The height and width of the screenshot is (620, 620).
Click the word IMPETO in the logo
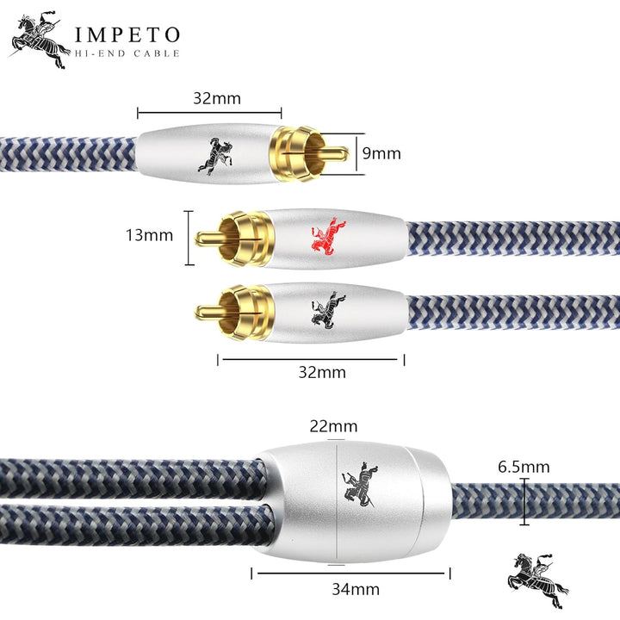click(127, 34)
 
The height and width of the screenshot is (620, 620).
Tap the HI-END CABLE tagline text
click(127, 53)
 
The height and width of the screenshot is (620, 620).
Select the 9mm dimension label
click(381, 153)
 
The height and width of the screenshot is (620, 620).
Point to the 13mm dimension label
click(150, 235)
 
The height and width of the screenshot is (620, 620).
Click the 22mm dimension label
click(333, 426)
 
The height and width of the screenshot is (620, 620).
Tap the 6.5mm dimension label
click(524, 467)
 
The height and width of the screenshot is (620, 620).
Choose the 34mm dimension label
click(356, 590)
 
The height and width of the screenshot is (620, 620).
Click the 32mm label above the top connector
click(217, 98)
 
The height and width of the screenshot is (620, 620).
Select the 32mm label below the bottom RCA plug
click(322, 373)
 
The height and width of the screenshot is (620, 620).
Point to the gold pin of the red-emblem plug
click(210, 238)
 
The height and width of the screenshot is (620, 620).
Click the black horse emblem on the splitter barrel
click(360, 485)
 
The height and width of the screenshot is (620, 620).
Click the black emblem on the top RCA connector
click(215, 157)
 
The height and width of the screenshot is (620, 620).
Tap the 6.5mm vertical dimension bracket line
click(524, 502)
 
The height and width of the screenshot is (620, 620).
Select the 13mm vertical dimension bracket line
click(189, 238)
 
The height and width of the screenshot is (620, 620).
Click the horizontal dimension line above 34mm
click(350, 573)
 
